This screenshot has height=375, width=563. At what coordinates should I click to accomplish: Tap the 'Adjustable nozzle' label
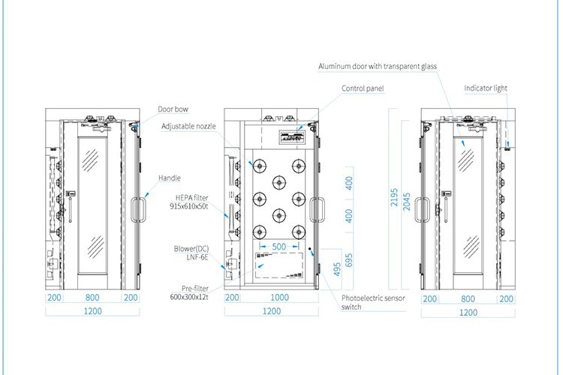188,126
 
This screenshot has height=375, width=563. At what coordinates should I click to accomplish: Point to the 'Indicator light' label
486,88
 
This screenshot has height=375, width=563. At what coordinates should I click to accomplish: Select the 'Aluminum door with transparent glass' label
376,66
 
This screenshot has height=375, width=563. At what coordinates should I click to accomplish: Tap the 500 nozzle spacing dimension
278,246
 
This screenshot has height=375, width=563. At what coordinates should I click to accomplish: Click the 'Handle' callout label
169,178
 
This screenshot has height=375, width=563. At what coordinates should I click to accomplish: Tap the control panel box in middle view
292,138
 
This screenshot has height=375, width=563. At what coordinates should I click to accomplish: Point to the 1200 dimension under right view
468,313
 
